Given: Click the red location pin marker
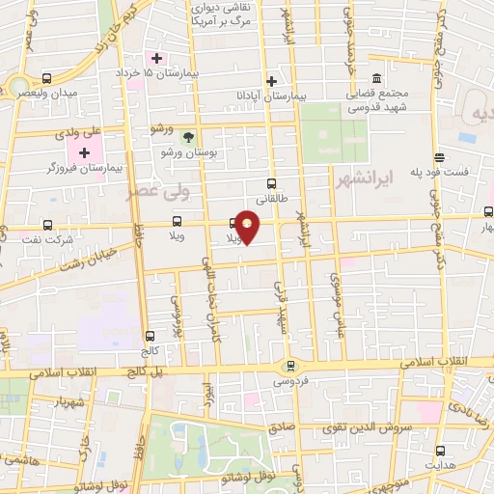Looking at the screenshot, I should click(x=249, y=228).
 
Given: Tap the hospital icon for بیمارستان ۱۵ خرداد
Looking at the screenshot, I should click(x=156, y=59).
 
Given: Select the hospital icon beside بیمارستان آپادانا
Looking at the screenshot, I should click(x=271, y=81).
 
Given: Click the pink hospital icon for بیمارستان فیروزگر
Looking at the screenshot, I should click(x=84, y=152).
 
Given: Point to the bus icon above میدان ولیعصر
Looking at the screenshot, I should click(x=46, y=77).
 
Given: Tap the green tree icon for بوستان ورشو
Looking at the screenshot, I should click(x=188, y=138).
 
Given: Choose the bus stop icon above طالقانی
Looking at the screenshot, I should click(x=270, y=182).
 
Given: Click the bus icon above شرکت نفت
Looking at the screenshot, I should click(x=47, y=226).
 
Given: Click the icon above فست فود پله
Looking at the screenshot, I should click(x=440, y=157).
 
